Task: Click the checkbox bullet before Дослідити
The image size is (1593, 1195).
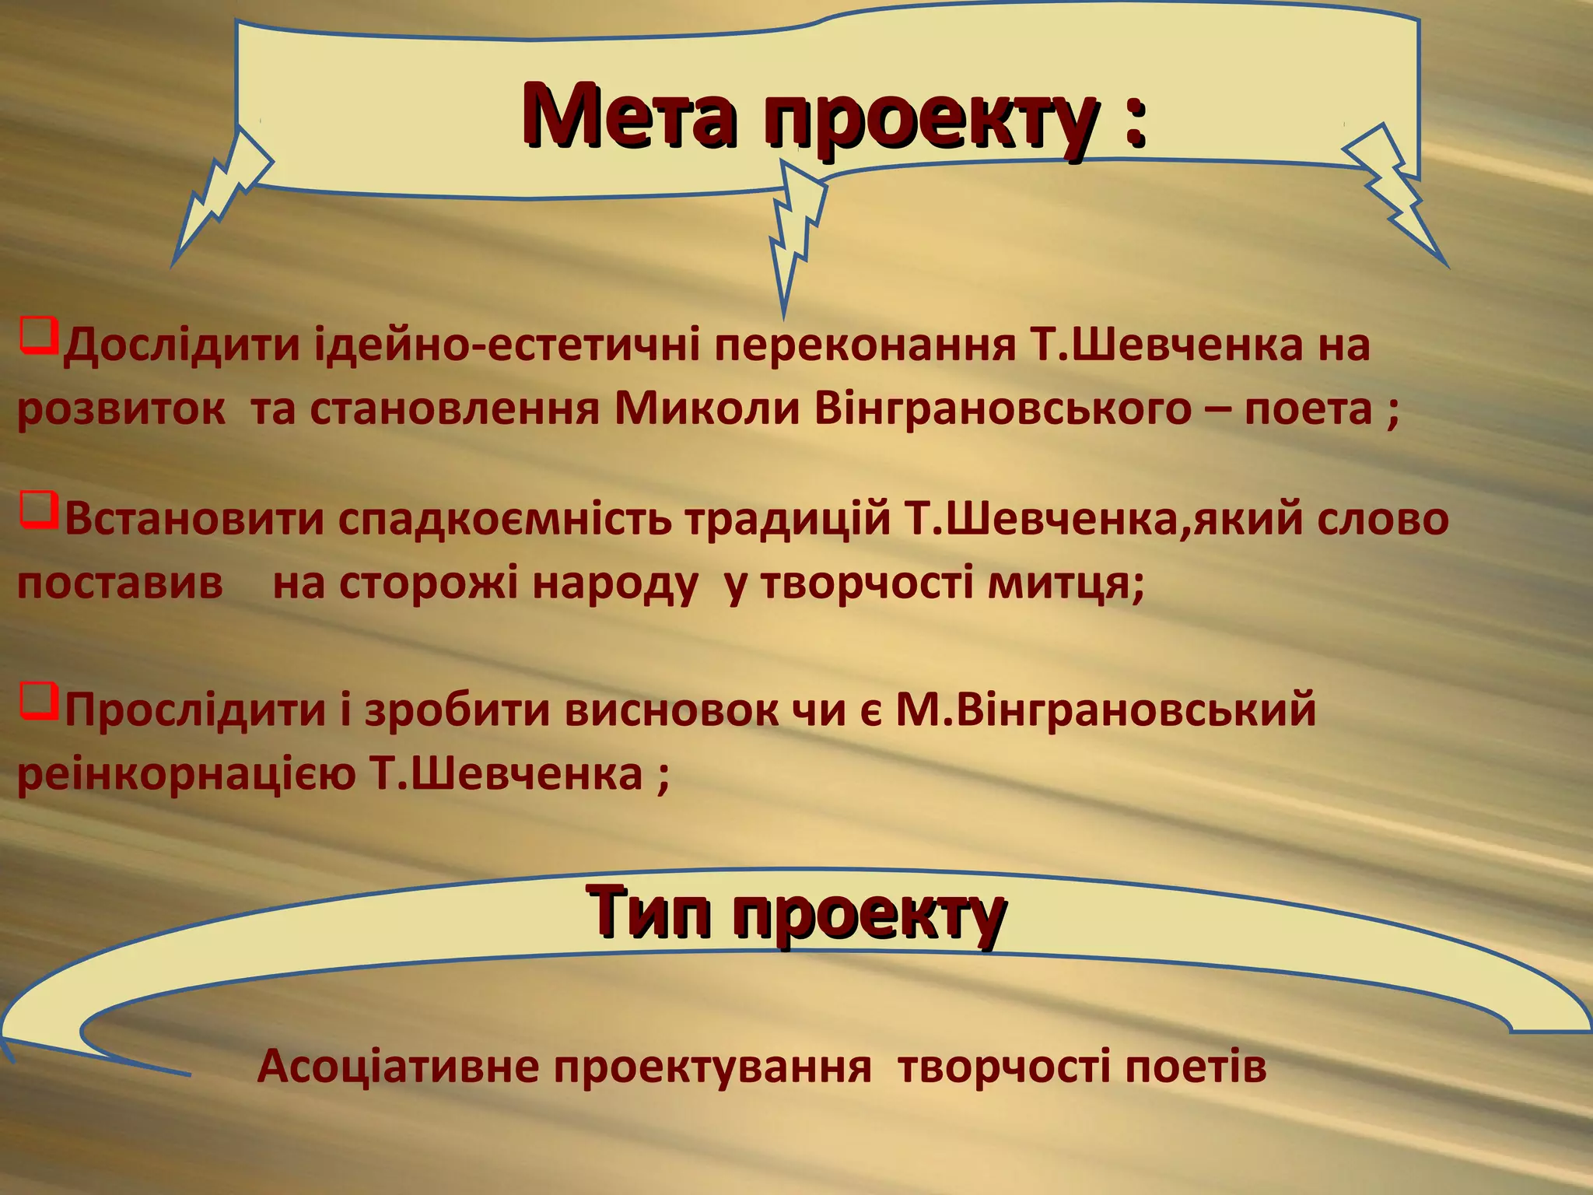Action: coord(39,335)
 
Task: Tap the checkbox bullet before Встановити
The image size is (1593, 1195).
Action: coord(39,509)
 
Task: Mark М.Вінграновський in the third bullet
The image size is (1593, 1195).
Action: coord(1105,710)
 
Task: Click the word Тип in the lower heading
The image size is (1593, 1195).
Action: coord(649,912)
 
